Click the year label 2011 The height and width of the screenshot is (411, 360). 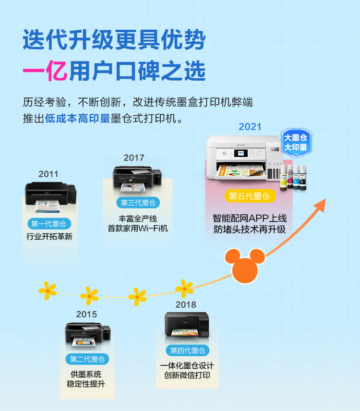click(x=48, y=174)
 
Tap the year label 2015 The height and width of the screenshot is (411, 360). click(x=86, y=314)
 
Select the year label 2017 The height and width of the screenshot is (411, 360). click(x=134, y=158)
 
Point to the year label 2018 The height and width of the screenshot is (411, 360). click(x=186, y=304)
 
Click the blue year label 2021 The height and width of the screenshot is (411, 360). click(x=250, y=127)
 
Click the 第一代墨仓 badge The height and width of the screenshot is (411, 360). click(x=49, y=224)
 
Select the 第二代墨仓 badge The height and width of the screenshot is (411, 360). click(x=87, y=359)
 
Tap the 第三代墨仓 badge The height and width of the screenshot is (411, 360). click(x=138, y=203)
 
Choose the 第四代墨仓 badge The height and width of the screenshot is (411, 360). click(x=188, y=351)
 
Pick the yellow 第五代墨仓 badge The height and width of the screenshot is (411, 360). click(x=250, y=196)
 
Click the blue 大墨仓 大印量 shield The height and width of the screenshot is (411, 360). click(x=296, y=143)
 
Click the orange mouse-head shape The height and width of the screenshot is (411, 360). click(x=245, y=265)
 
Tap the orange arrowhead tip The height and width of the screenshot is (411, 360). click(x=325, y=199)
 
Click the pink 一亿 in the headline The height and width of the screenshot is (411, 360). click(x=45, y=71)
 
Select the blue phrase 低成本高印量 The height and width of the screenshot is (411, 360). click(x=77, y=119)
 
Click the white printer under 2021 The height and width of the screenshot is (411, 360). click(x=244, y=158)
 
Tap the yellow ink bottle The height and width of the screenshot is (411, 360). click(x=284, y=178)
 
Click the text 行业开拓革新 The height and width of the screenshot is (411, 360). click(x=49, y=237)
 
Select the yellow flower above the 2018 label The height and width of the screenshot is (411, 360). click(x=184, y=289)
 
